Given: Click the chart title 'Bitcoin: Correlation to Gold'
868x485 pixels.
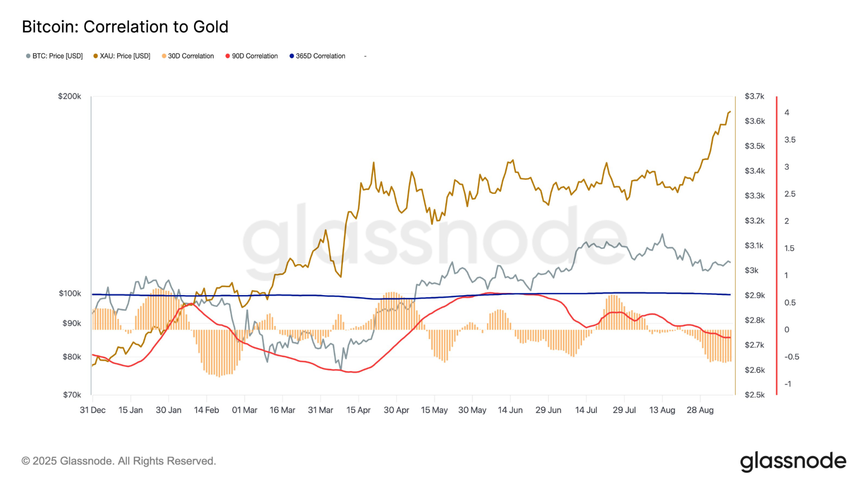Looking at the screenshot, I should [x=125, y=27].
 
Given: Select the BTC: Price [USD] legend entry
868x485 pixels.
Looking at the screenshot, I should [x=55, y=56].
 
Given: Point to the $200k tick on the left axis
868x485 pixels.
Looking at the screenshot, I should [x=70, y=96].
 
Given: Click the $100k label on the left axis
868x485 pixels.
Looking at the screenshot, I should [x=70, y=293].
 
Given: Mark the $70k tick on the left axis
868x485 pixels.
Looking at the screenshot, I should [x=72, y=395].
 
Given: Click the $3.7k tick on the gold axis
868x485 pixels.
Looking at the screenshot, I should [x=754, y=96].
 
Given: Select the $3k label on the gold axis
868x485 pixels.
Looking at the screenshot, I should [x=751, y=270].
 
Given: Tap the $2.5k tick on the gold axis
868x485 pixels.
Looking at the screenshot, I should [x=754, y=395].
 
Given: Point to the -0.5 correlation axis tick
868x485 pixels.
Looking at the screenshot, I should [x=791, y=357].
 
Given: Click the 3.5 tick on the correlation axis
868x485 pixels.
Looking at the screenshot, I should [x=790, y=140].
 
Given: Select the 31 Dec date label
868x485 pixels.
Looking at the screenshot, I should [x=92, y=410].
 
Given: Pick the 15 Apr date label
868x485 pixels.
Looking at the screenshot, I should [x=358, y=410].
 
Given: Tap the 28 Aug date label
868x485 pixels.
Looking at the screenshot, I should [x=700, y=410].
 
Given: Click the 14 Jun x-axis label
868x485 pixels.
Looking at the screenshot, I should [x=510, y=410].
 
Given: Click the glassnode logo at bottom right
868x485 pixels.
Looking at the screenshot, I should [x=793, y=461].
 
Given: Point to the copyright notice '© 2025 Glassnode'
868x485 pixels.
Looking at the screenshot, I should [x=119, y=461].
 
